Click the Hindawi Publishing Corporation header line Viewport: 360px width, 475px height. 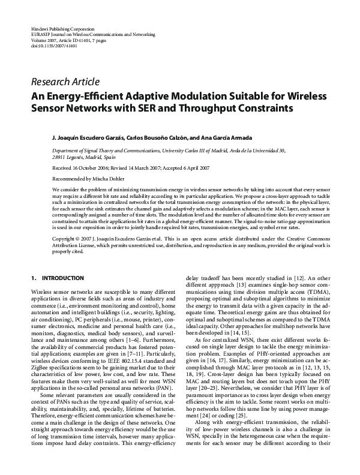(62, 29)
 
